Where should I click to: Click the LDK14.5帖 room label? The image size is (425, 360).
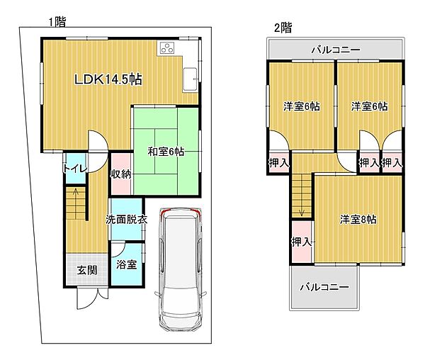[108, 79]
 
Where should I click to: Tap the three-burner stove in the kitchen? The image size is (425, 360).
[167, 48]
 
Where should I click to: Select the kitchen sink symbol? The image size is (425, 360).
[190, 79]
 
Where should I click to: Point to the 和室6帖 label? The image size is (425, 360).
[166, 152]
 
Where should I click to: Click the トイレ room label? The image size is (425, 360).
[75, 169]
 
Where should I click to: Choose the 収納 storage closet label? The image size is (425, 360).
[120, 174]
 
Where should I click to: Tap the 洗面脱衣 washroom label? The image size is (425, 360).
[126, 219]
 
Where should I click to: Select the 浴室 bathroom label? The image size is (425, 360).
[126, 264]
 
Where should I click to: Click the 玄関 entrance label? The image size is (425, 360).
[86, 270]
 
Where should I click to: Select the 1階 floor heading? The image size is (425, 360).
[57, 22]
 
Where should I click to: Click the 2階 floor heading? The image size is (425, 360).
[283, 28]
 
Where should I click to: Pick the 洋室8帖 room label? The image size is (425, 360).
[358, 219]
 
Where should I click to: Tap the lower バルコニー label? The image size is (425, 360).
[324, 287]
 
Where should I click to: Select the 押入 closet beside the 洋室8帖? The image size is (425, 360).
[302, 242]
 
